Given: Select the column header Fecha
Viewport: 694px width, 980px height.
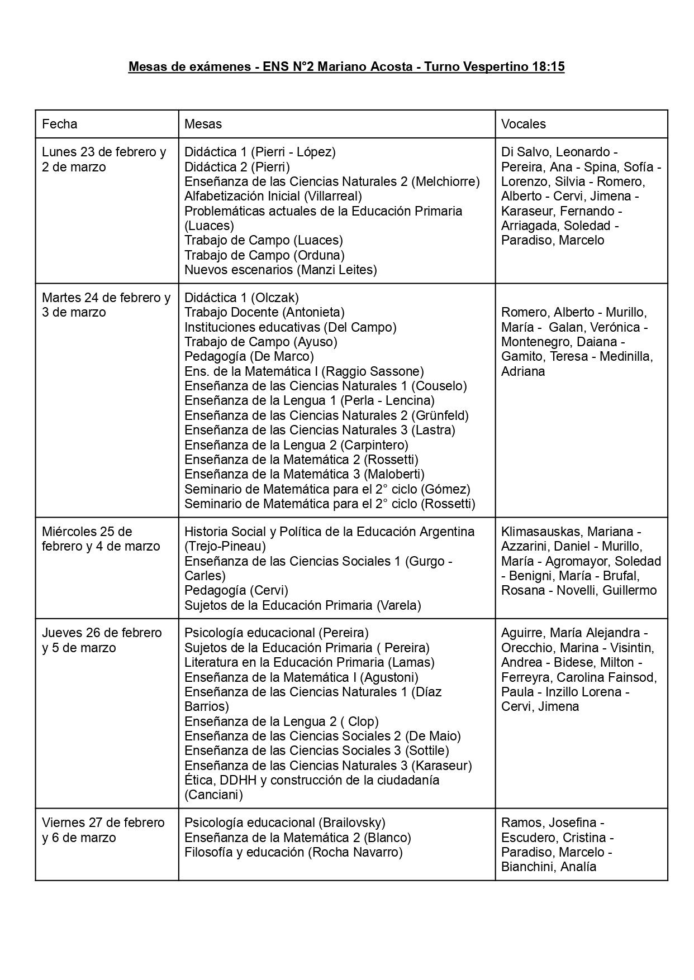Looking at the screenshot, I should coord(60,124).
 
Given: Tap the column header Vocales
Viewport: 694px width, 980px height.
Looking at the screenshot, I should coord(523,124).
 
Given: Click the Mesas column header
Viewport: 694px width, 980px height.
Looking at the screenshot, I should coord(203,124).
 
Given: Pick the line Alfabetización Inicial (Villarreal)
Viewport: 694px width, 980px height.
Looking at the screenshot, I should coord(273,196).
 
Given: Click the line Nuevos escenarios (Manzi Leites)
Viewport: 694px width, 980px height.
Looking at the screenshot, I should coord(281,270).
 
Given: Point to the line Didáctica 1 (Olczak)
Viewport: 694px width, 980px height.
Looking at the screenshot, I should coord(241,298).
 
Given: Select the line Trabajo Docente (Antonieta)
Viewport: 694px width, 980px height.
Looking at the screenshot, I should coord(264,312).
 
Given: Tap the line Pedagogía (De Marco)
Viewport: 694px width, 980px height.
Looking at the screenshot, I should coord(249,356).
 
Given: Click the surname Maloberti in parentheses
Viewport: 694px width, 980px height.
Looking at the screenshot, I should coord(394,474).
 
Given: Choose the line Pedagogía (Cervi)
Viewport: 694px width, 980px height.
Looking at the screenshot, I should coord(236,590).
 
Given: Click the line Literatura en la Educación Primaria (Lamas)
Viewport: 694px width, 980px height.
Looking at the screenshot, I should coord(309,662).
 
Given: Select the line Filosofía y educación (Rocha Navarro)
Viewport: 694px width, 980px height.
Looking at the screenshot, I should coord(293,852).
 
